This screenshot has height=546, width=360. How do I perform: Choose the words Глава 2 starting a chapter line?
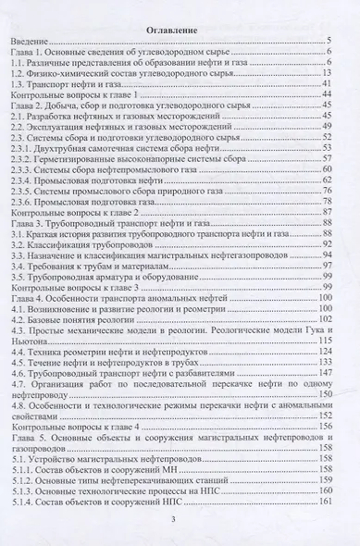click(31, 108)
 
